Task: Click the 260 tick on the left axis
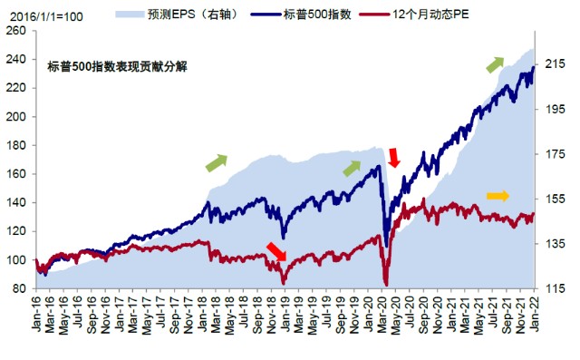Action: (15, 31)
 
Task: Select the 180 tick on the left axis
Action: (15, 145)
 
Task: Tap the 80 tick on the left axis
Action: (19, 288)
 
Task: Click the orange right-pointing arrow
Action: (498, 196)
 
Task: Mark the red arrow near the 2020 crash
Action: (393, 158)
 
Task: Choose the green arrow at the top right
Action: (495, 63)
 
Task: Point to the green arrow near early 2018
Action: (216, 162)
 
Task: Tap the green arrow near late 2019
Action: (352, 168)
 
